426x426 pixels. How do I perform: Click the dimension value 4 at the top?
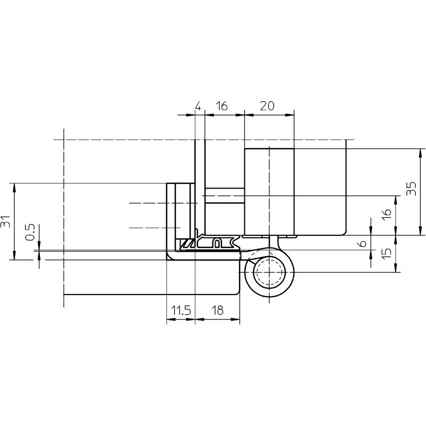(198, 105)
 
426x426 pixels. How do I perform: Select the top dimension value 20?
(267, 105)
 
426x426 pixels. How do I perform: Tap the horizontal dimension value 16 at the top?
(222, 105)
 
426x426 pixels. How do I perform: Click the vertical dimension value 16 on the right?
(387, 215)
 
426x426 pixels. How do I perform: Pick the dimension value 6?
(363, 243)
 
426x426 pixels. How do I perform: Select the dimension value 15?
(387, 253)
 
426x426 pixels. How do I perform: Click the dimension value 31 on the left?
(5, 222)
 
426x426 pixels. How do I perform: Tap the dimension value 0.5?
(30, 232)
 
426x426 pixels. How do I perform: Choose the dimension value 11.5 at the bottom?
(181, 310)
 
